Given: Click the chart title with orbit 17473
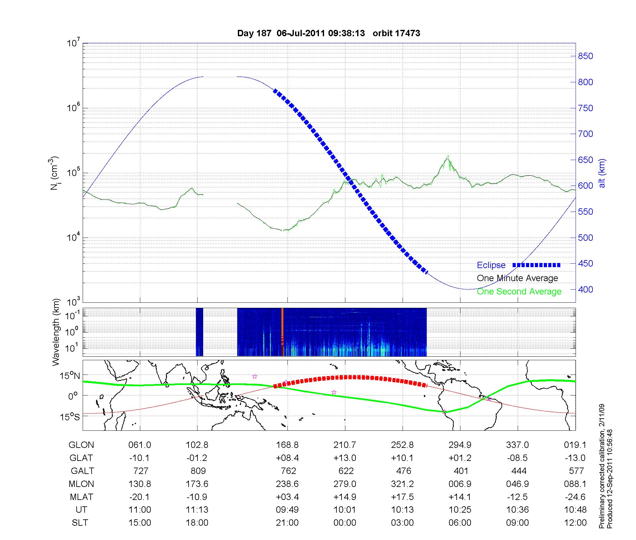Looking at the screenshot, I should (328, 33).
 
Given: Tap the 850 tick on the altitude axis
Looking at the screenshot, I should (585, 56).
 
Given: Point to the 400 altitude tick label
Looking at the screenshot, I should (585, 289).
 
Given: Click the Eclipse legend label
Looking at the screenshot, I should (491, 265).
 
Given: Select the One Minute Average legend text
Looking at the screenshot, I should (517, 278).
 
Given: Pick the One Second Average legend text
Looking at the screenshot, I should (519, 292).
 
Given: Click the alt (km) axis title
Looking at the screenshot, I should (602, 173).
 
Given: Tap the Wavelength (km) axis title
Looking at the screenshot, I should (56, 332).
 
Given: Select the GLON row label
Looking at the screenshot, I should (81, 445).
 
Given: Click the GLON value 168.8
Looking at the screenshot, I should (287, 445).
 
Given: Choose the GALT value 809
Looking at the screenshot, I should (197, 471).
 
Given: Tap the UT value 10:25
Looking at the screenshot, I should (460, 510).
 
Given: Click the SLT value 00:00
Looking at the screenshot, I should (345, 523).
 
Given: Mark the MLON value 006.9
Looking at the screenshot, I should (460, 484).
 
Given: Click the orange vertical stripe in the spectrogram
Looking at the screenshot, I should (282, 332).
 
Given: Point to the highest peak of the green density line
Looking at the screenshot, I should (448, 156).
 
